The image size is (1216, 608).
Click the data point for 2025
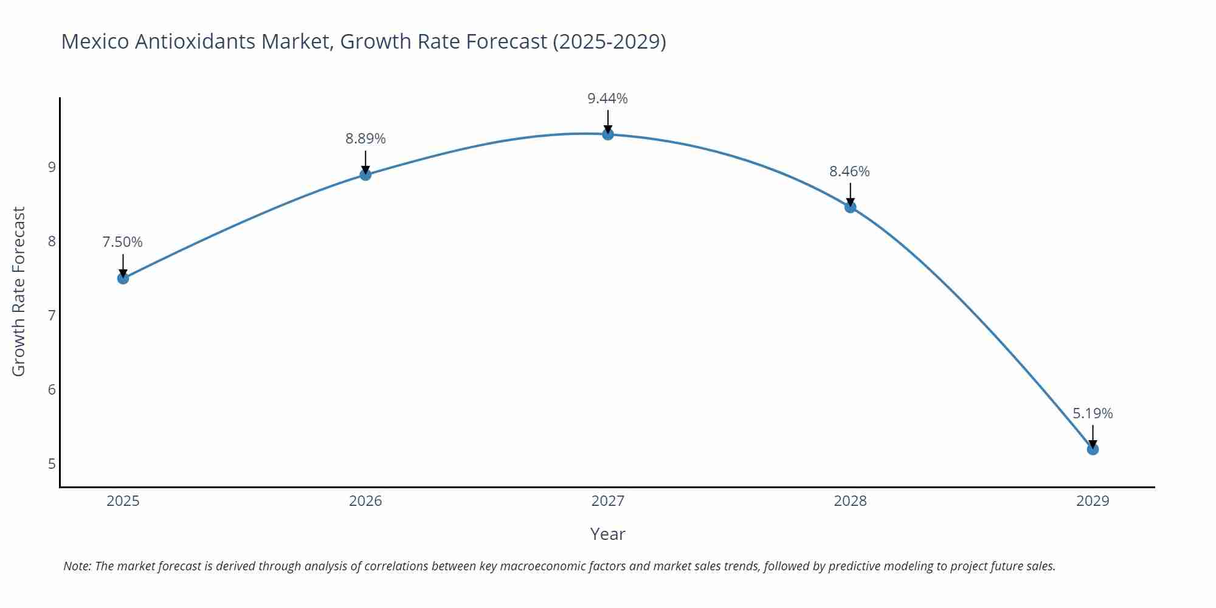(123, 278)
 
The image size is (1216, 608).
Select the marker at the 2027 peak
(608, 134)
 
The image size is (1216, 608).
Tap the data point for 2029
(1093, 449)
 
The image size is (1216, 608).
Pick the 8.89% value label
(365, 139)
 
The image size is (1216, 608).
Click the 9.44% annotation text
(607, 98)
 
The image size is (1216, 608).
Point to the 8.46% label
(849, 171)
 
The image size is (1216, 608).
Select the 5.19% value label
(1093, 413)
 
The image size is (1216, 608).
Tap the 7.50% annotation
(122, 242)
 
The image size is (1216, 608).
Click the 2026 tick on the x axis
(365, 501)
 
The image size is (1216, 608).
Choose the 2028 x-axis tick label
(850, 501)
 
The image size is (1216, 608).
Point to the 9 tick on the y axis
(52, 167)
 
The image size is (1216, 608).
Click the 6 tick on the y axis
(52, 389)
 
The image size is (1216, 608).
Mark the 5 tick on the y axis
(52, 464)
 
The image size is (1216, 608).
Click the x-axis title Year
(607, 534)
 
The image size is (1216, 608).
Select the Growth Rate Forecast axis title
(19, 292)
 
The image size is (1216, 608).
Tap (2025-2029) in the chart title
(609, 41)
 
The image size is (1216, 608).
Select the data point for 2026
(365, 175)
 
